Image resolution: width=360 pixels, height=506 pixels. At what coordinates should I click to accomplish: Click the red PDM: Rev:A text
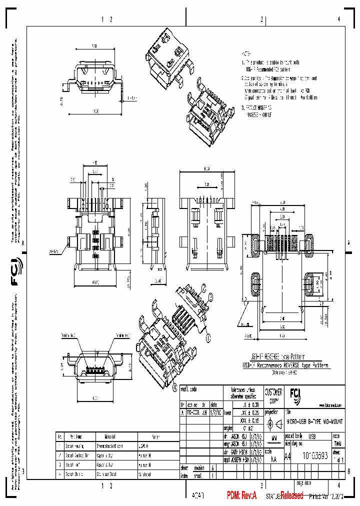coord(241,495)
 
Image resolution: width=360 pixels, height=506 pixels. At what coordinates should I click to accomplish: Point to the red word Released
coord(291,495)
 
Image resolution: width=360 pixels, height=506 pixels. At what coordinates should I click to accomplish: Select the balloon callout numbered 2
coord(204,287)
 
